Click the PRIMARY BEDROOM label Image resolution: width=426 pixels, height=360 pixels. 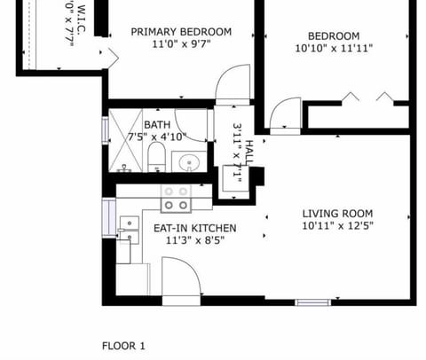point(181,32)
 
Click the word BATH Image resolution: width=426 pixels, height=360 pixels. point(157,124)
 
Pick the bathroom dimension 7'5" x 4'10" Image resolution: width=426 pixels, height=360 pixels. point(157,137)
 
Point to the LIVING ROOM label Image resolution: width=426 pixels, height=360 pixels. point(337,214)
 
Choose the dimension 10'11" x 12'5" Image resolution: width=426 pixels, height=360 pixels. point(337,227)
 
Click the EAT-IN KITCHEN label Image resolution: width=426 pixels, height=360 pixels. point(188,228)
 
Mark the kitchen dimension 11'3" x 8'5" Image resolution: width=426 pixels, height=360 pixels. point(188,240)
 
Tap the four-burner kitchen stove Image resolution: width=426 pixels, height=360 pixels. point(174,198)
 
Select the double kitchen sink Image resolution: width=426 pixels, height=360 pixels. point(129,230)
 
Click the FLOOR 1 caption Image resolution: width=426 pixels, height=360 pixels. point(123,345)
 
